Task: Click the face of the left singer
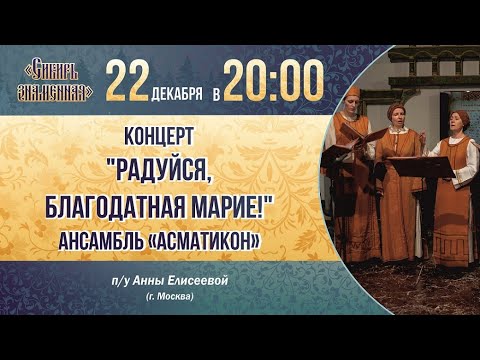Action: tap(351, 103)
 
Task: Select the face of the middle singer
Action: tap(398, 112)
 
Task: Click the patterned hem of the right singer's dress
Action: tap(452, 255)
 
